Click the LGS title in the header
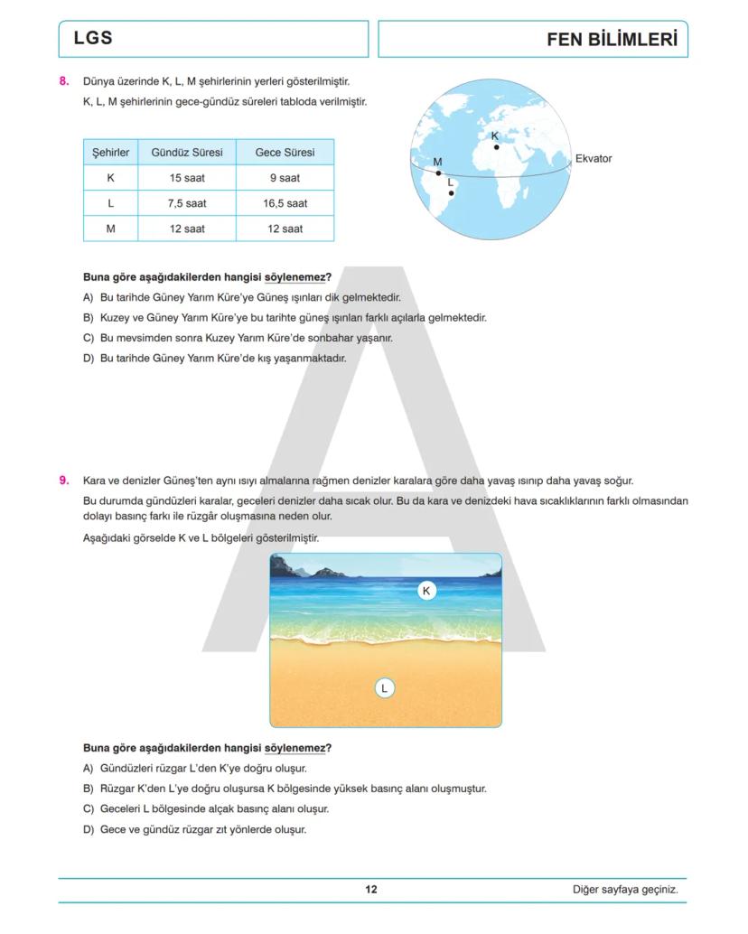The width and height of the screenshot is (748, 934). [93, 39]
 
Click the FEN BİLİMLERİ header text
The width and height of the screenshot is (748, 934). [612, 40]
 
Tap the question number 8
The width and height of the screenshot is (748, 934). [64, 81]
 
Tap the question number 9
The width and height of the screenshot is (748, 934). [64, 481]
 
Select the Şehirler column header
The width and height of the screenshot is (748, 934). [110, 153]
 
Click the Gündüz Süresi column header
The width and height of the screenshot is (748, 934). [187, 153]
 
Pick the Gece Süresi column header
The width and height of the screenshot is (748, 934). [285, 153]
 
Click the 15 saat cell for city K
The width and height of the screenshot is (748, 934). [187, 178]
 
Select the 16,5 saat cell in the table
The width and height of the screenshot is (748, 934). [285, 203]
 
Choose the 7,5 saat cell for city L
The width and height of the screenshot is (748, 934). [187, 203]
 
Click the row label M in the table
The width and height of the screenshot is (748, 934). [110, 229]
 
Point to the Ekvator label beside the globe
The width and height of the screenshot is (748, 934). [594, 159]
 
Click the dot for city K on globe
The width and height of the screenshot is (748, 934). [496, 147]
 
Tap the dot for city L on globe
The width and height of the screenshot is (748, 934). [452, 192]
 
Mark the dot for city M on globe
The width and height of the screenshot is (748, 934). [439, 173]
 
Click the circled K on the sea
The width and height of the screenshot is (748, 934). [427, 591]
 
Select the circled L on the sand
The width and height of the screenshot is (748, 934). [384, 688]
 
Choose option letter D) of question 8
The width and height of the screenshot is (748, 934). [88, 358]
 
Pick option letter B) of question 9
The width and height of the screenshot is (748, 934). [88, 789]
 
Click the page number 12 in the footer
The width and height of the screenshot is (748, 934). [371, 890]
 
